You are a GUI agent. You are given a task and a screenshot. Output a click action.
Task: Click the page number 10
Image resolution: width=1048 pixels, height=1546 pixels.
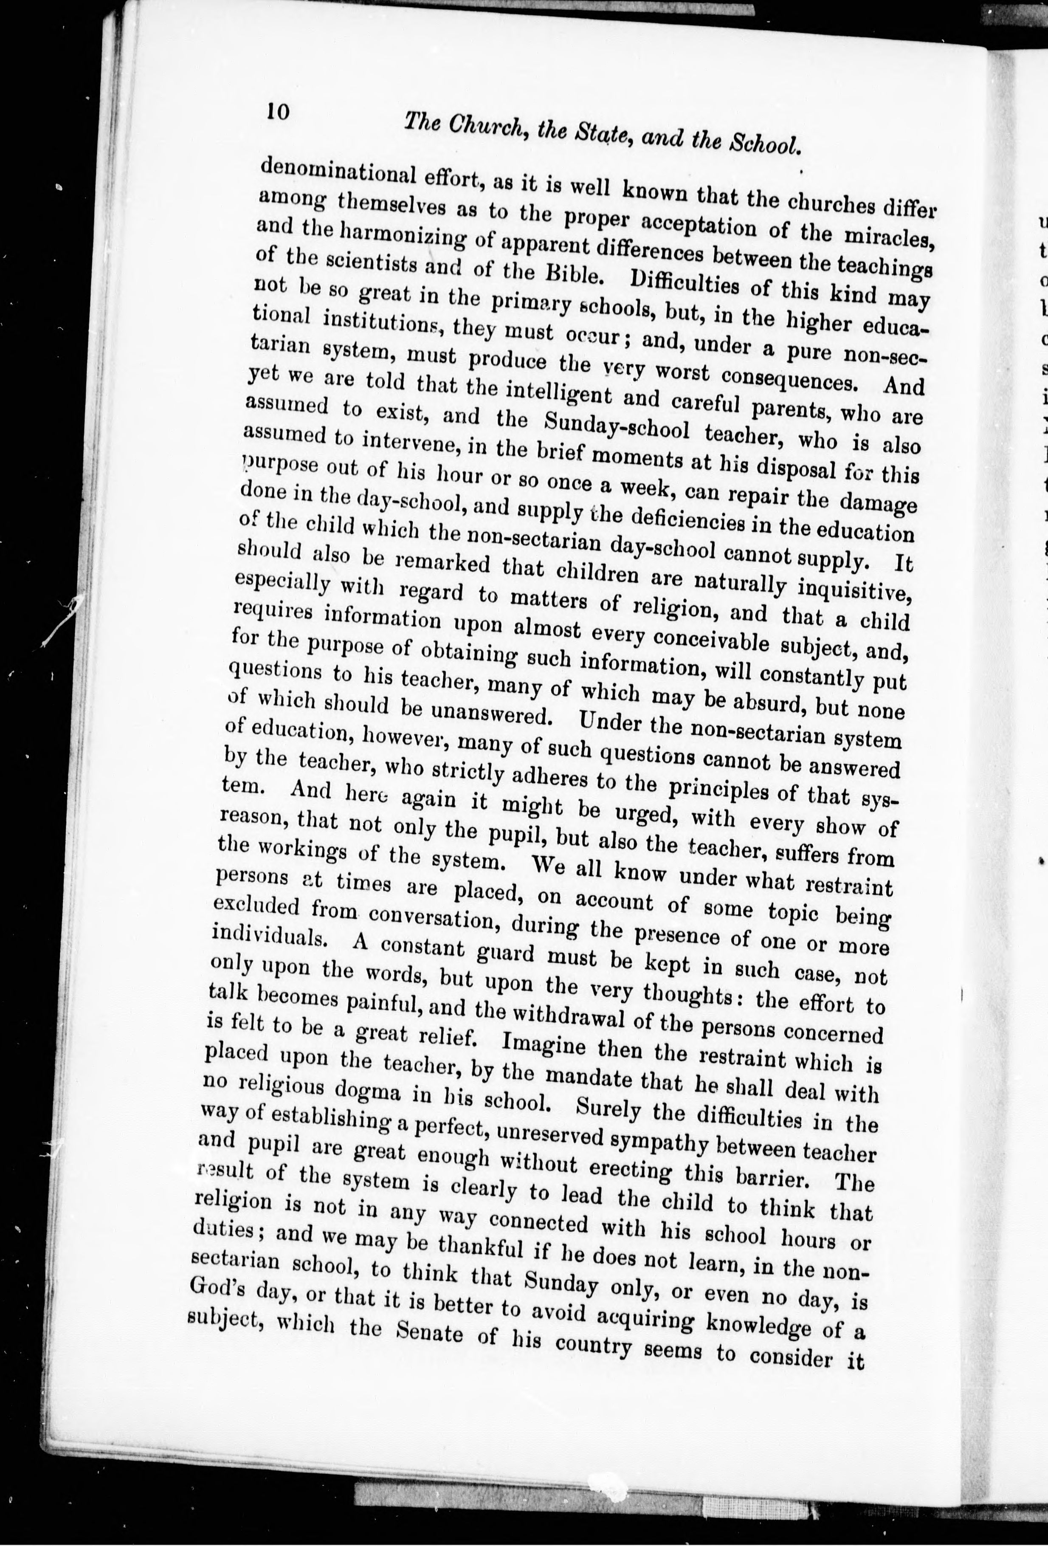click(x=278, y=111)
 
